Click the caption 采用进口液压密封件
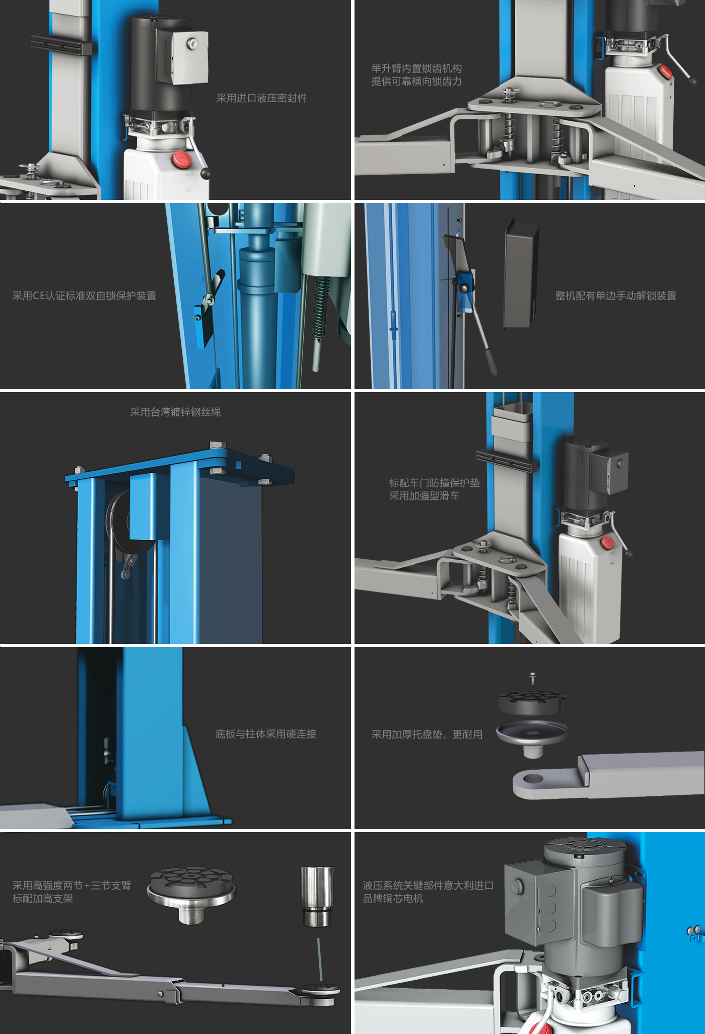point(262,98)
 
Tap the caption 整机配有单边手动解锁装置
point(616,296)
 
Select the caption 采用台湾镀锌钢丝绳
point(175,412)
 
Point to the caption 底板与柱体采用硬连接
point(266,734)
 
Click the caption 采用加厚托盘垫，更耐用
point(427,734)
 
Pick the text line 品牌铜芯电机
point(393,899)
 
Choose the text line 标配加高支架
point(43,899)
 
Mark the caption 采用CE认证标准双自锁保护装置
point(84,296)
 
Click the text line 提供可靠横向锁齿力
point(416,82)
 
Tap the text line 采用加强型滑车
point(424,496)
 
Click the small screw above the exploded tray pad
point(532,678)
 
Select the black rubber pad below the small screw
point(532,702)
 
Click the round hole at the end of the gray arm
point(533,779)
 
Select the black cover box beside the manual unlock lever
point(521,274)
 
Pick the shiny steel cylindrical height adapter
point(317,896)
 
